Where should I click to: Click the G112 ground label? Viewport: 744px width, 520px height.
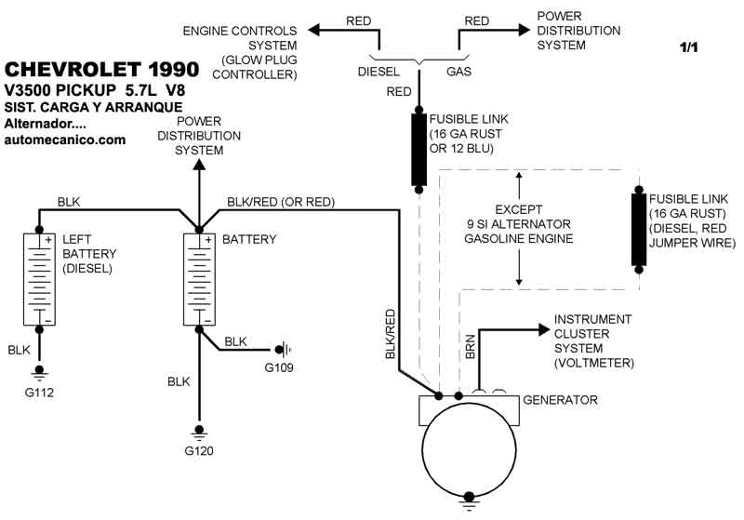tap(40, 393)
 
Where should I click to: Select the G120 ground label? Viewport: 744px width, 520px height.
tap(198, 454)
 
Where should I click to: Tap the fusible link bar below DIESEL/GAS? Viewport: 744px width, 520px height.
tap(419, 149)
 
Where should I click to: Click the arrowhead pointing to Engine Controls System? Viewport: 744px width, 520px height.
tap(315, 31)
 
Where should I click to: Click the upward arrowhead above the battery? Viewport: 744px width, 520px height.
tap(198, 165)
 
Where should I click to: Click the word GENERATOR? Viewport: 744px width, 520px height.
tap(560, 400)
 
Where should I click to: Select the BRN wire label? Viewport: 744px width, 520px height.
tap(470, 348)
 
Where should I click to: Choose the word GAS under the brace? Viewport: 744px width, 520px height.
tap(458, 71)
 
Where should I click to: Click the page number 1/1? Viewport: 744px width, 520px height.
tap(688, 47)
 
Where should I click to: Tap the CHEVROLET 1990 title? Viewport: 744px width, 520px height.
tap(101, 70)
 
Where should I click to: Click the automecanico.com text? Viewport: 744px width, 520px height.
tap(65, 140)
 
